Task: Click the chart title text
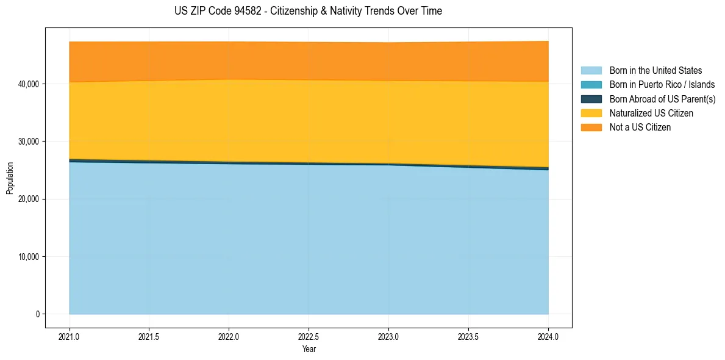(308, 11)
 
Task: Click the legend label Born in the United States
(655, 71)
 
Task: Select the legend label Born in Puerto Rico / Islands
(662, 85)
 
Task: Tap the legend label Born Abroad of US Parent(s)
(662, 99)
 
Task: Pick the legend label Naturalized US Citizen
(651, 113)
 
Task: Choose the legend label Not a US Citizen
(640, 128)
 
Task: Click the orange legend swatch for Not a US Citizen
(591, 128)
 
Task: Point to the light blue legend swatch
(591, 71)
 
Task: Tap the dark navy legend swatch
(591, 99)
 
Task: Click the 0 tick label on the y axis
(37, 314)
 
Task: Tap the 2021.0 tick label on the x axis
(70, 336)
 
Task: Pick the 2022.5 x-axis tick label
(309, 336)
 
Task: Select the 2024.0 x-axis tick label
(548, 336)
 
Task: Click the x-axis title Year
(309, 349)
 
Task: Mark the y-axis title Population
(10, 178)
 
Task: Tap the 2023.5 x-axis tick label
(468, 336)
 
